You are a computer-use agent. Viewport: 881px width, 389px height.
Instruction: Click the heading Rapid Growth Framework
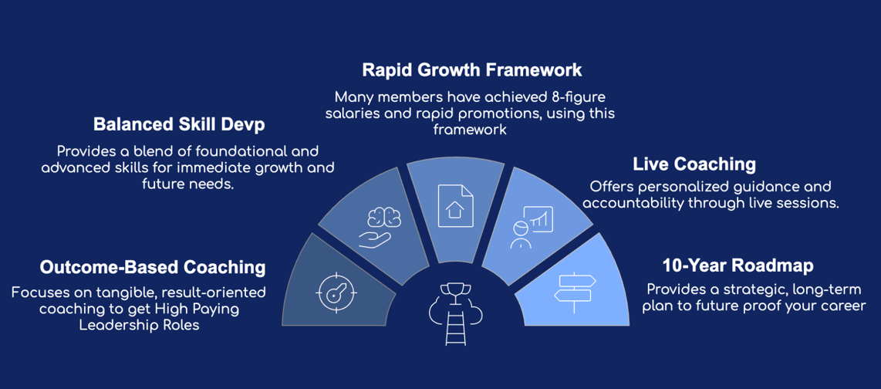tap(471, 70)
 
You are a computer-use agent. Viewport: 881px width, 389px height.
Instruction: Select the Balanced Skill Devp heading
tap(179, 124)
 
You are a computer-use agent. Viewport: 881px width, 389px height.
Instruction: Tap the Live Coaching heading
tap(694, 164)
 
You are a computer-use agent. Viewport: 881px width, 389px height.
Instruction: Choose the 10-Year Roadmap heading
tap(738, 266)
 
